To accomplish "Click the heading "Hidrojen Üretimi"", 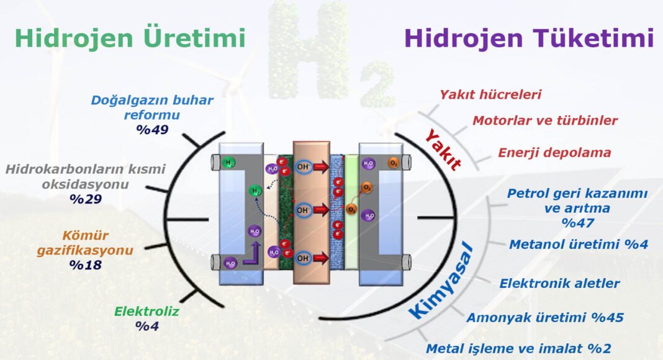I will (x=130, y=38).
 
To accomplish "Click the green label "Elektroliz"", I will (x=147, y=312).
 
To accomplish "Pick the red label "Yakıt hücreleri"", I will (x=490, y=95).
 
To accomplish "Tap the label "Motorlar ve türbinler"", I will (x=545, y=120).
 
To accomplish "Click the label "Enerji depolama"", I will (x=554, y=153).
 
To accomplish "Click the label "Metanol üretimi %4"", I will (x=578, y=244).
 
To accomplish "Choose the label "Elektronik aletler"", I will (x=559, y=284).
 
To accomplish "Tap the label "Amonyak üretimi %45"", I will (x=544, y=318).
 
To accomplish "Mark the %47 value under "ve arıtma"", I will (x=577, y=223).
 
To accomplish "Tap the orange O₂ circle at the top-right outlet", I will (x=393, y=163).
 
